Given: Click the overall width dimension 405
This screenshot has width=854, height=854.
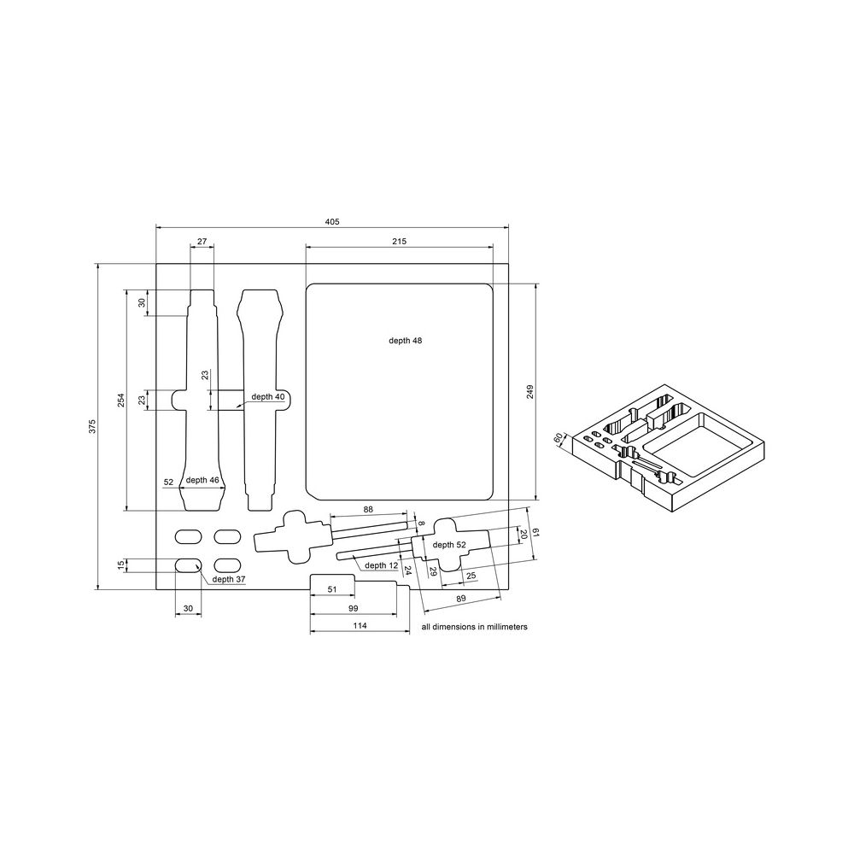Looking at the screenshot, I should tap(332, 221).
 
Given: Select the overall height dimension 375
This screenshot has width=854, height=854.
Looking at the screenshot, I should tap(92, 426).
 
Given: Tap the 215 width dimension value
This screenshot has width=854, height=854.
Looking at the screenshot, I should tap(399, 242).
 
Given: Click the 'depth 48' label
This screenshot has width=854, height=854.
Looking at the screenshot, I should tap(405, 340).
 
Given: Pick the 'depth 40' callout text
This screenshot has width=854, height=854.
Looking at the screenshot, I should tap(268, 396).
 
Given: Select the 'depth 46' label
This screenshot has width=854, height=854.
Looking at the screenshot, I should tap(202, 481).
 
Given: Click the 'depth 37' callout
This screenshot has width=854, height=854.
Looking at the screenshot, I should tap(229, 579).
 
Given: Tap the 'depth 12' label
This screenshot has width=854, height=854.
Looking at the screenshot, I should tap(381, 565).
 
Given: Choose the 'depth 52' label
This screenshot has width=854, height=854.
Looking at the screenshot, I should tap(449, 544).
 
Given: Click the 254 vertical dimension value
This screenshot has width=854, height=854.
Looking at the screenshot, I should tap(120, 400).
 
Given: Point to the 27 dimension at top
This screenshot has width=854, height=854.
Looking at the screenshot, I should tap(202, 242).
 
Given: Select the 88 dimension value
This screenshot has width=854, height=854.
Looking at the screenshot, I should tap(368, 510).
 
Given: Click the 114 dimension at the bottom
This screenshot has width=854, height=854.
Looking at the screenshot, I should tap(360, 626).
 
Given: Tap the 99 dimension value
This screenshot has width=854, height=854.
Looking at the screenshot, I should tap(353, 608).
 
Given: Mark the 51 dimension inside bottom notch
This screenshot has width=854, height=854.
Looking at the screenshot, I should tap(332, 589).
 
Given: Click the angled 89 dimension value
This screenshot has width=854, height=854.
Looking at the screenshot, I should tap(460, 600).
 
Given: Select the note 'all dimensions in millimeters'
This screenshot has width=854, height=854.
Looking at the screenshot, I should tap(475, 626).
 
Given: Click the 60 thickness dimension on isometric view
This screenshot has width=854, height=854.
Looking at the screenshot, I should tap(559, 438).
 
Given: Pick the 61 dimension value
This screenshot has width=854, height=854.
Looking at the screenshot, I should tap(535, 532).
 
